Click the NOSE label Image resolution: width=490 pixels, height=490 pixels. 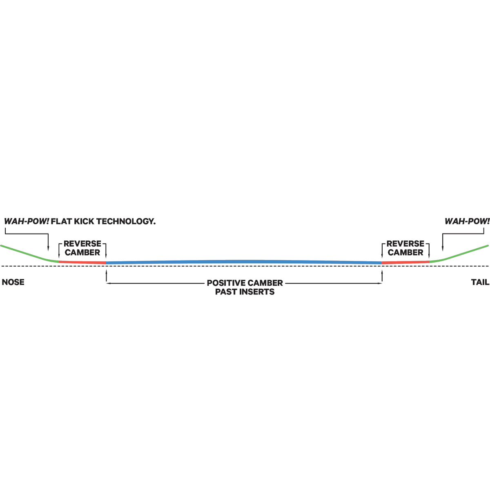tap(13, 282)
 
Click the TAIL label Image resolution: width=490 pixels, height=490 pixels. tap(480, 282)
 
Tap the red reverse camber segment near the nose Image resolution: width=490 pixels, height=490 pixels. tap(82, 262)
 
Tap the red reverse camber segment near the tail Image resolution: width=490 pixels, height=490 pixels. tap(405, 262)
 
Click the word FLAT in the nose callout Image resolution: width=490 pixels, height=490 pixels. tap(61, 221)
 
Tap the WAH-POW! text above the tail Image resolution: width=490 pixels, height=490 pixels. tap(467, 221)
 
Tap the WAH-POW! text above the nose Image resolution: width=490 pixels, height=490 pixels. tap(27, 221)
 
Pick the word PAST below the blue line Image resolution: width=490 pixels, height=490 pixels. tap(225, 292)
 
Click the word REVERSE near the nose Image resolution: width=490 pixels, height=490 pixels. tap(82, 244)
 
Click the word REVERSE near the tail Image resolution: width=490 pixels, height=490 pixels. tap(405, 244)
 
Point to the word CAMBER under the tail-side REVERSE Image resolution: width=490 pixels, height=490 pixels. tap(405, 252)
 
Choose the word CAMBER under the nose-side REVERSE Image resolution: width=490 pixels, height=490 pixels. tap(82, 252)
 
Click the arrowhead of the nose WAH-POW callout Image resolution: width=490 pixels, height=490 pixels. tap(48, 249)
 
